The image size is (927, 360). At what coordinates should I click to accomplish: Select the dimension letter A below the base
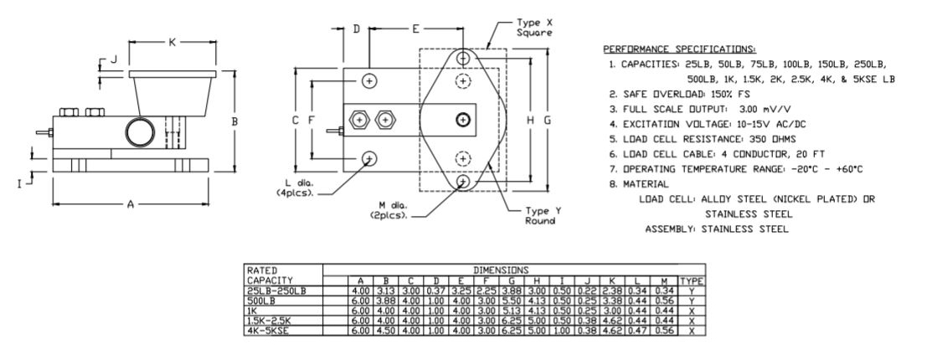130,203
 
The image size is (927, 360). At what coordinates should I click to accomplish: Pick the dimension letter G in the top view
548,120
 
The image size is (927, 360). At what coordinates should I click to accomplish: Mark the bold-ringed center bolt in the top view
461,119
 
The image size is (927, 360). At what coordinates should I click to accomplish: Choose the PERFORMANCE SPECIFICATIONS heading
662,49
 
